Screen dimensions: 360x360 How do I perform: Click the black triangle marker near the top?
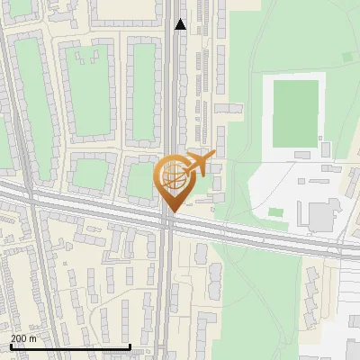point(181,24)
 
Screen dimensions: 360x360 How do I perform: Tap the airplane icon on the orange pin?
point(199,164)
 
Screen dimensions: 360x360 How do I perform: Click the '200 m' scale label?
point(23,338)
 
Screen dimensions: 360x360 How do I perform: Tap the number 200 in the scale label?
point(19,338)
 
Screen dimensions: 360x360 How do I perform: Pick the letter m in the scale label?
point(33,338)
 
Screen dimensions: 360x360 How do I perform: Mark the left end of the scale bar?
point(10,346)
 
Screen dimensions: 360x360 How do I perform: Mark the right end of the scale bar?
point(130,346)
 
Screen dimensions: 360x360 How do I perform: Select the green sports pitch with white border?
point(296,112)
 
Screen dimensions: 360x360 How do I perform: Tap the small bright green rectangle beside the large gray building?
point(275,212)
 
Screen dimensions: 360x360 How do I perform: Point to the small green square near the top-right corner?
point(348,57)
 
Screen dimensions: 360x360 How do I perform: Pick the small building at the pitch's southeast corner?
point(326,142)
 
